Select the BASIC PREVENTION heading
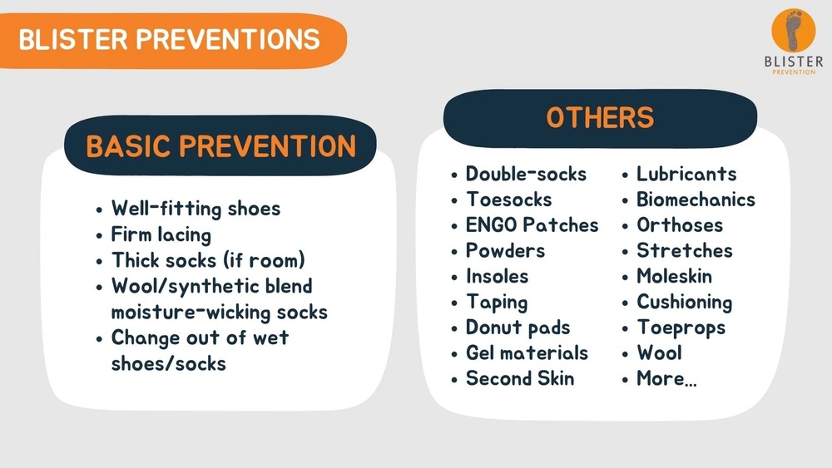220,146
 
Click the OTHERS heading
600,118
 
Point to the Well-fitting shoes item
196,209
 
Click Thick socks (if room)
208,260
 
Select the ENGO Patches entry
532,225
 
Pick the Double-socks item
526,174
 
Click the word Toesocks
508,200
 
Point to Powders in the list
505,250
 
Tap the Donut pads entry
518,328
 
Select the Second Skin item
519,378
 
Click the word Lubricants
686,174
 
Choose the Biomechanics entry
696,200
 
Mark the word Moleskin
674,276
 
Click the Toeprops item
681,328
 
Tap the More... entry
666,378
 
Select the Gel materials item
527,353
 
